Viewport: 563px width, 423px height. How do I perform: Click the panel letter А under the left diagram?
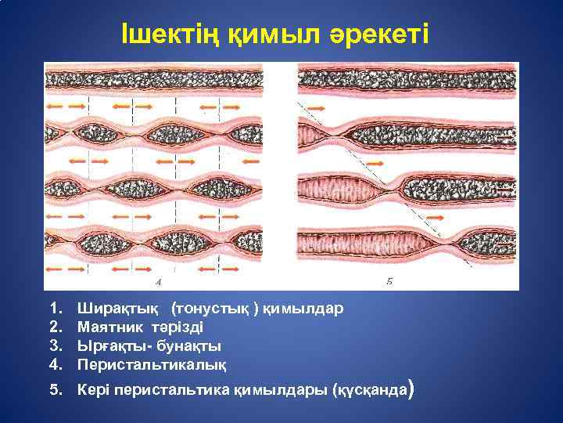[160, 280]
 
